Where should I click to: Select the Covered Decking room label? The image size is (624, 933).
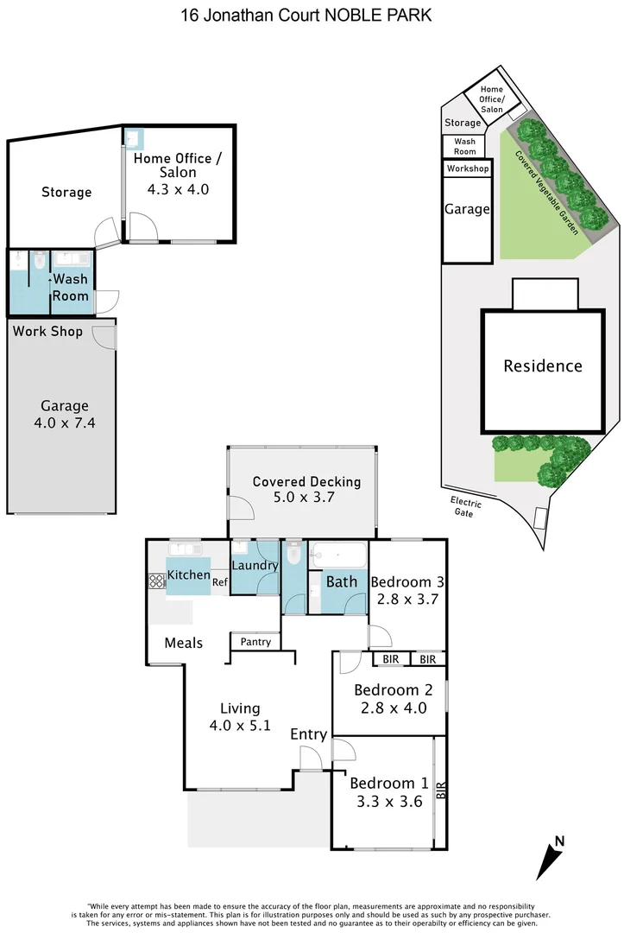[x=306, y=481]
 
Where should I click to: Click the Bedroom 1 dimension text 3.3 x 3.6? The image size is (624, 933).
[x=388, y=802]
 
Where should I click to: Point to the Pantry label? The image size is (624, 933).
[x=255, y=642]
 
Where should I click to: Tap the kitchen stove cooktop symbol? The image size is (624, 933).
[x=156, y=581]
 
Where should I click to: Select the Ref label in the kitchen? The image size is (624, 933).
[x=220, y=582]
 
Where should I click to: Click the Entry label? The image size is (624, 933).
[x=308, y=734]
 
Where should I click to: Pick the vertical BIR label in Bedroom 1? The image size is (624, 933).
[x=441, y=790]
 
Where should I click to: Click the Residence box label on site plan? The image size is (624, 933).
[x=542, y=365]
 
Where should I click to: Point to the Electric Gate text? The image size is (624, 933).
[x=466, y=508]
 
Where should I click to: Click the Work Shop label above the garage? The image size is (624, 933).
[x=47, y=331]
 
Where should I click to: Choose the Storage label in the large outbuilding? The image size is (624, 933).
[x=66, y=192]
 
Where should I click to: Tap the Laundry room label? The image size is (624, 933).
[x=255, y=567]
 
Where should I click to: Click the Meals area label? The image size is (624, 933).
[x=184, y=643]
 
